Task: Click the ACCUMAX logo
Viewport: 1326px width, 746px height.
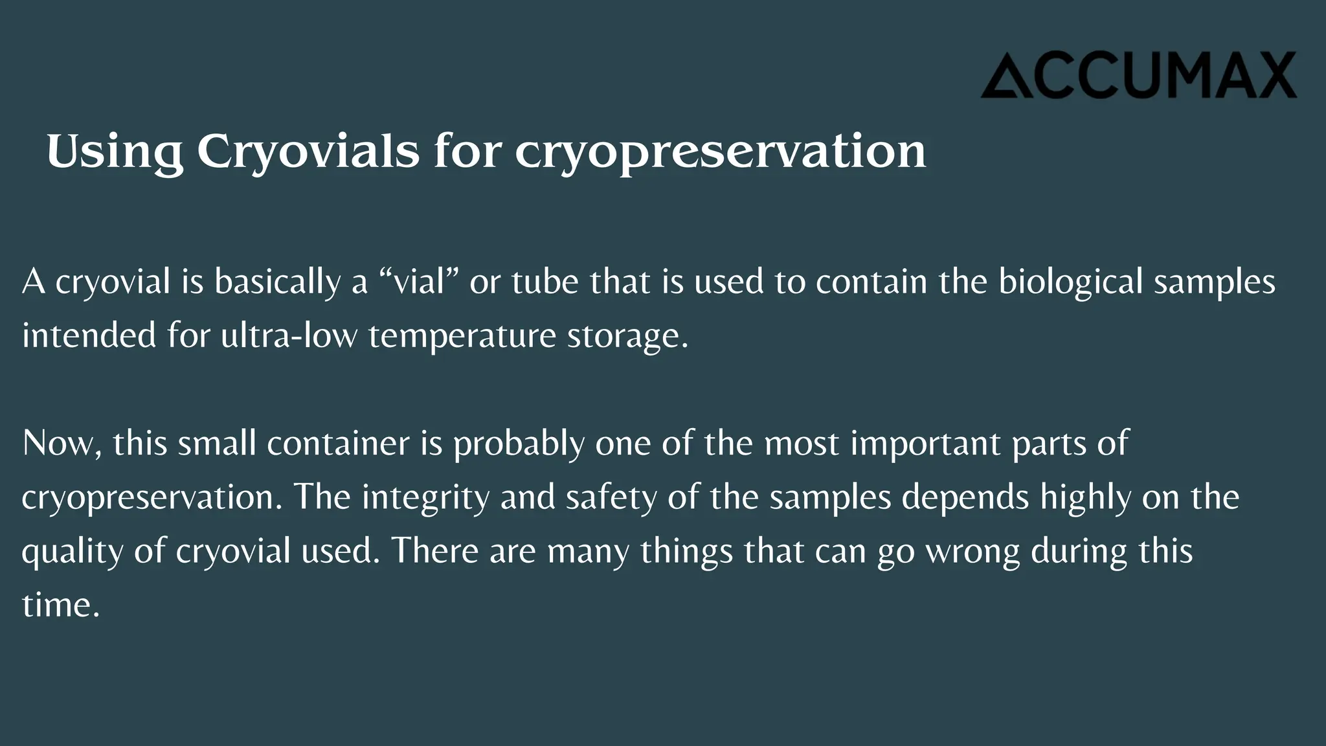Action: [1138, 75]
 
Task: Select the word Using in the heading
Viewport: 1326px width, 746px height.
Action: [115, 152]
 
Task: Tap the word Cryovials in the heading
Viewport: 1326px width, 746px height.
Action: [308, 152]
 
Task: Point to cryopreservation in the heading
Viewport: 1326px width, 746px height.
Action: [720, 152]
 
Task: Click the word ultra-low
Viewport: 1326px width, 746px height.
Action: [289, 335]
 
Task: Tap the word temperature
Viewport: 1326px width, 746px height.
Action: [462, 335]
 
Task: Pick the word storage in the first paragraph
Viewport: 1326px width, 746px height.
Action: [627, 335]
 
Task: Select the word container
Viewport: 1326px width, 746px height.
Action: [338, 444]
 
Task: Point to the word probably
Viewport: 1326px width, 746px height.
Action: [519, 444]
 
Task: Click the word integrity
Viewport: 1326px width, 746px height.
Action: [425, 497]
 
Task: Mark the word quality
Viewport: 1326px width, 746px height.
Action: [72, 551]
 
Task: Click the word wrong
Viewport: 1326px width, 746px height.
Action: [972, 551]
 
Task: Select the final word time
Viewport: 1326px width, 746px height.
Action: [60, 605]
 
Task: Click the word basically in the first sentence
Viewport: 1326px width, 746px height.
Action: [277, 282]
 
